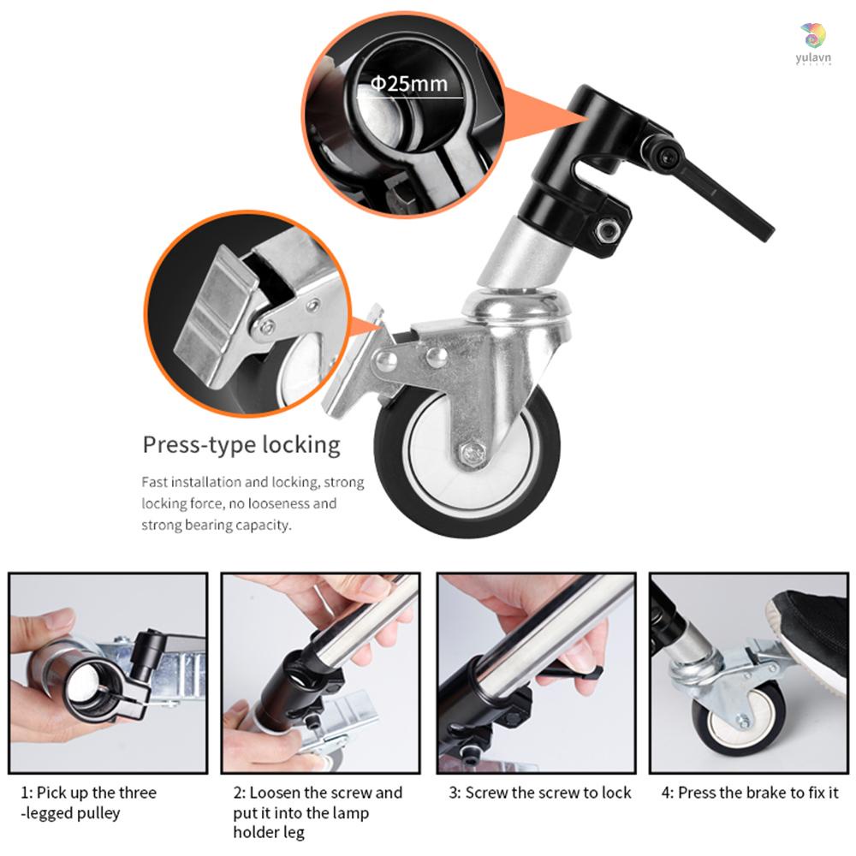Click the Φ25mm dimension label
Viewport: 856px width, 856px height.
coord(408,83)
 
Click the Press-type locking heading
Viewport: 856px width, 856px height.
coord(241,445)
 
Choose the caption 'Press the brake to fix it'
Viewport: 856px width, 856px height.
coord(750,793)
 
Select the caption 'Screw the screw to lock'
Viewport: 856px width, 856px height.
coord(540,793)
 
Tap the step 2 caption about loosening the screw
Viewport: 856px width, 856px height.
coord(317,811)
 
